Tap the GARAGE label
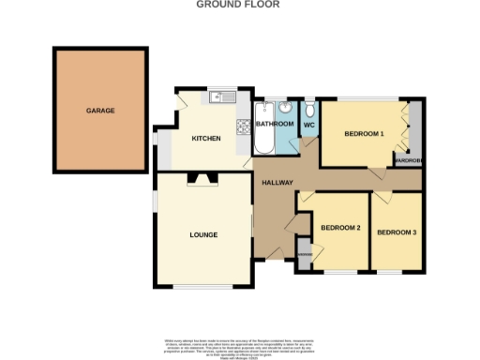point(100,111)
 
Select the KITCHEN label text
point(206,139)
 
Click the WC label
point(308,124)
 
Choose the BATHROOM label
point(276,124)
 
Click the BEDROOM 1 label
point(365,134)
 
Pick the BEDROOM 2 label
point(340,228)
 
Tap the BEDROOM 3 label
point(397,232)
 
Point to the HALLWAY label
point(278,183)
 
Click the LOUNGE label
point(203,234)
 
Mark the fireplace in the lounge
point(200,178)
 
